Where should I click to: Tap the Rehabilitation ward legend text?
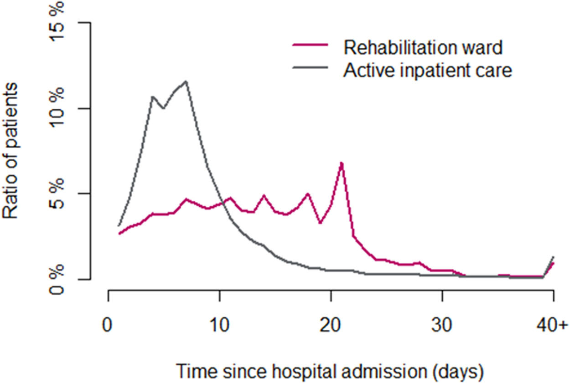(x=423, y=47)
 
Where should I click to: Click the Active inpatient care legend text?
(x=428, y=70)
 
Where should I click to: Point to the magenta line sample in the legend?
(x=310, y=46)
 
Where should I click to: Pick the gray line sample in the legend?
(x=310, y=69)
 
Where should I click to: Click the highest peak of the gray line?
(x=186, y=82)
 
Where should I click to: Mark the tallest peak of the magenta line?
(x=342, y=163)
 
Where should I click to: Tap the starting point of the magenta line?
(x=119, y=234)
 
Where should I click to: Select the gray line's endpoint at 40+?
(x=553, y=257)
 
